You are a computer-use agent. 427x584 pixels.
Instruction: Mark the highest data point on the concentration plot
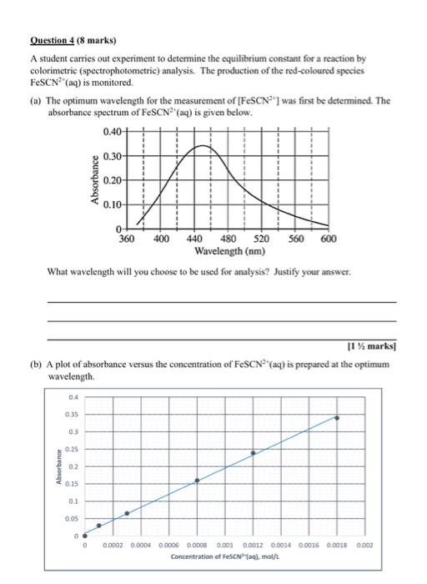pyautogui.click(x=337, y=417)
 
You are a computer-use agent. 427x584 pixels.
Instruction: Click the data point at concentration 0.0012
pyautogui.click(x=254, y=453)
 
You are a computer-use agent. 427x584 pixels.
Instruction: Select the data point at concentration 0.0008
pyautogui.click(x=197, y=481)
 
